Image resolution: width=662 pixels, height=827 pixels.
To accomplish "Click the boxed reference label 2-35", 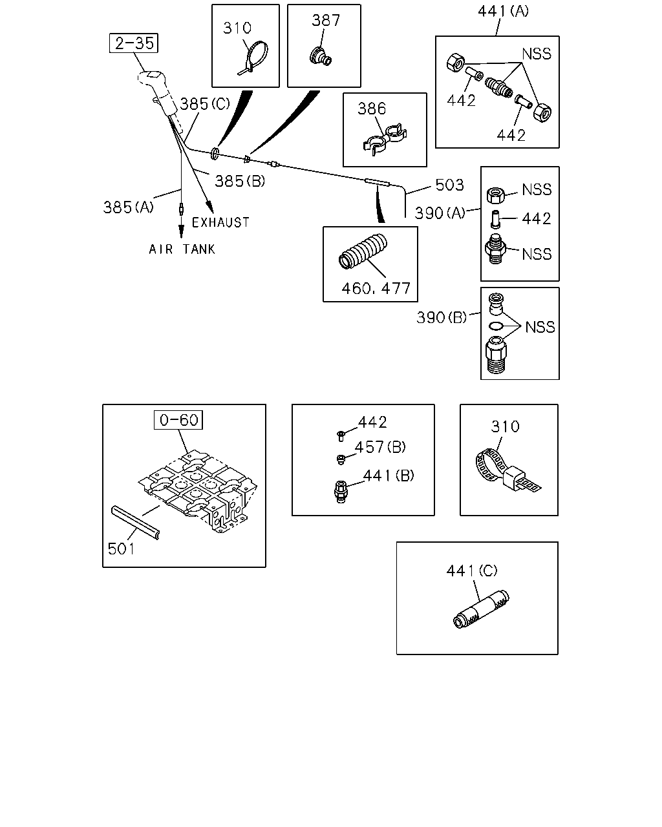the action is coord(133,43).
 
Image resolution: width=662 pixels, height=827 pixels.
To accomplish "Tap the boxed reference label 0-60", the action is coord(178,420).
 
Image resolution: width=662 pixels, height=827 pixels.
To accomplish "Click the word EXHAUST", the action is coord(220,222).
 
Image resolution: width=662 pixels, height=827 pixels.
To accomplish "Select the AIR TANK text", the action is coord(182,249).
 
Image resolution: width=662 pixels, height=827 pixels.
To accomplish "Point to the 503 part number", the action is coord(449,185).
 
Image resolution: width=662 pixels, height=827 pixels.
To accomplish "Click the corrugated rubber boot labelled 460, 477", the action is coord(363,251).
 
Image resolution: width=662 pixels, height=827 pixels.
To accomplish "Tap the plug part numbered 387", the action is coord(321,57).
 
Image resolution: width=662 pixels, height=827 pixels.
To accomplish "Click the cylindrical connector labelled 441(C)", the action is coord(481,609).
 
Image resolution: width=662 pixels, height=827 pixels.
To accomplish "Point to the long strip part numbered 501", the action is coord(135,523).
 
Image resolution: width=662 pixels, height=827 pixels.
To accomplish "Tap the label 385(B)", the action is coord(240,181).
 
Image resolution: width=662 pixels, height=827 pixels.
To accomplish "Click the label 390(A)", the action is coord(440,213).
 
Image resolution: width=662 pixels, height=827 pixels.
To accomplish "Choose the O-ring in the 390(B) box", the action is coord(496,326).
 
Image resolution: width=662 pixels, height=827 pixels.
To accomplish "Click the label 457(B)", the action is coord(380,447).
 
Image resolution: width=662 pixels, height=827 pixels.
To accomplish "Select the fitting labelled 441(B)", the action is coord(341,492).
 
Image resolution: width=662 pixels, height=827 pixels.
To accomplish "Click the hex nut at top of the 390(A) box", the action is coord(496,195).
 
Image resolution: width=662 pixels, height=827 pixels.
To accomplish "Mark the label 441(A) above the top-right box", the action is coord(503,12).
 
